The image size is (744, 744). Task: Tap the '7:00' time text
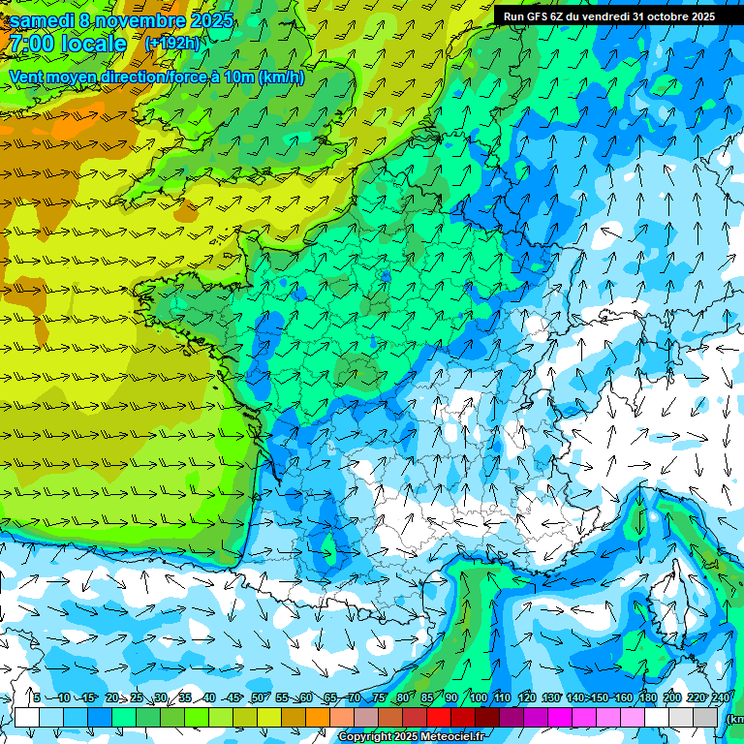coord(29,44)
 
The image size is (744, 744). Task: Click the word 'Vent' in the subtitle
coord(27,77)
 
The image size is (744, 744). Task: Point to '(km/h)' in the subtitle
coord(282,77)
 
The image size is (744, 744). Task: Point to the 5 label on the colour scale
coord(37,698)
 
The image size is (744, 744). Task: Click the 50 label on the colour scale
coord(258,698)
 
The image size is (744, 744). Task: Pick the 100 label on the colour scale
coord(478,698)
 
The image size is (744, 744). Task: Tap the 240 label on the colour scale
coord(720,698)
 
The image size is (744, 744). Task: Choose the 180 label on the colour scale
coord(648,698)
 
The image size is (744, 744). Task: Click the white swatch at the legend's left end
coord(27,718)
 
